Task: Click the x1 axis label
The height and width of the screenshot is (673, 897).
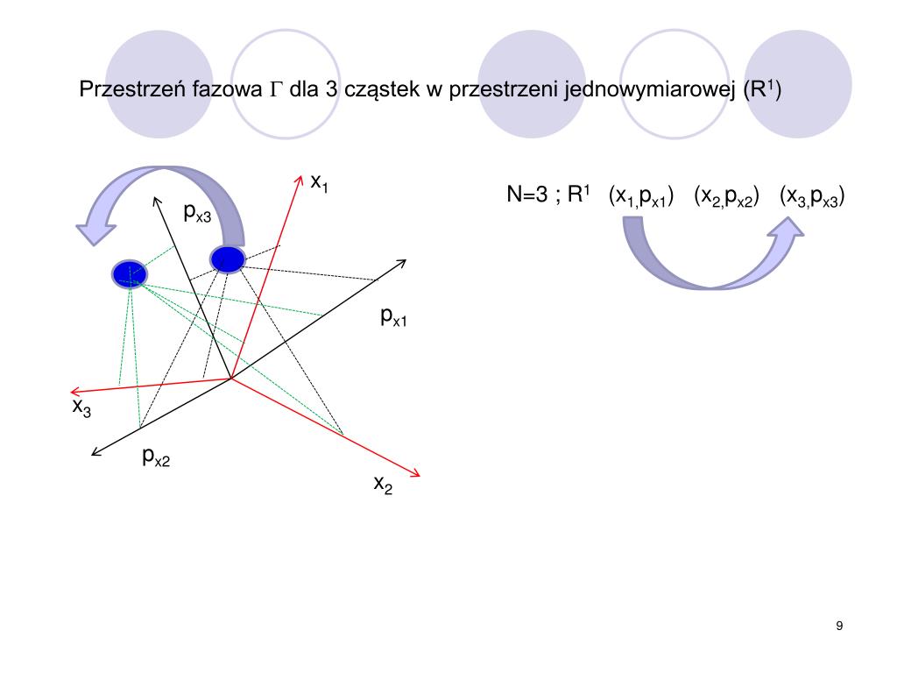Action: pyautogui.click(x=319, y=183)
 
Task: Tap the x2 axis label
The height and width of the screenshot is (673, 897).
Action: pyautogui.click(x=383, y=485)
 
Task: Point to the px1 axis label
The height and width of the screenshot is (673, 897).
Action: pyautogui.click(x=393, y=318)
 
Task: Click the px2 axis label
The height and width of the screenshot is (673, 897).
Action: pyautogui.click(x=156, y=457)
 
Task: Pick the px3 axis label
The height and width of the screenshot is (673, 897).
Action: pyautogui.click(x=197, y=212)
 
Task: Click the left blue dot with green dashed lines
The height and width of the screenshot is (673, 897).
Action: pyautogui.click(x=129, y=273)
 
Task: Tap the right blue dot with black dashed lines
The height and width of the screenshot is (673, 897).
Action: pyautogui.click(x=227, y=259)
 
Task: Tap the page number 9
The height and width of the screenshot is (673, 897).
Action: pyautogui.click(x=840, y=626)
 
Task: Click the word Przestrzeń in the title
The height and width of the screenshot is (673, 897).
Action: pyautogui.click(x=127, y=89)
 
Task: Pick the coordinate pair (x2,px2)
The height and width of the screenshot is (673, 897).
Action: pyautogui.click(x=726, y=197)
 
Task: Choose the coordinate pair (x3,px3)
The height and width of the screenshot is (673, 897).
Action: pyautogui.click(x=812, y=197)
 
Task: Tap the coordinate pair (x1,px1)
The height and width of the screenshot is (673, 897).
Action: pyautogui.click(x=640, y=197)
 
